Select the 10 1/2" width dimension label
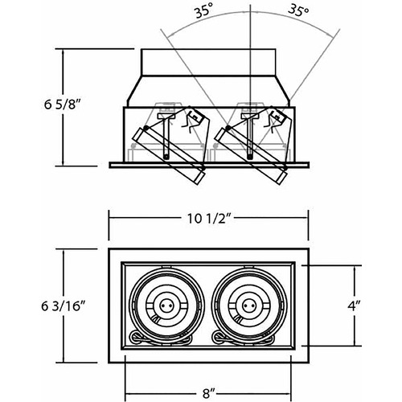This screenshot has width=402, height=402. click(x=209, y=219)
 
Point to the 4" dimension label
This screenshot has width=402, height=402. click(x=354, y=306)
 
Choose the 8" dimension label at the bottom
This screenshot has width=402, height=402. click(x=209, y=393)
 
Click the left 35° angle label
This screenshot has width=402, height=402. click(x=204, y=12)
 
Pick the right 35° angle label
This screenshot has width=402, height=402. click(x=298, y=10)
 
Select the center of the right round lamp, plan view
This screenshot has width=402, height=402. click(x=247, y=306)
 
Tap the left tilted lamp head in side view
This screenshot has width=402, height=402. click(x=169, y=155)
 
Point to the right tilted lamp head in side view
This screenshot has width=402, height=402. click(x=252, y=155)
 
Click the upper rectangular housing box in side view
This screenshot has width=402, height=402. click(x=208, y=62)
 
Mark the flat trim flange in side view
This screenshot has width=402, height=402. click(x=209, y=165)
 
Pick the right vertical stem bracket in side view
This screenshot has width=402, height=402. click(x=249, y=137)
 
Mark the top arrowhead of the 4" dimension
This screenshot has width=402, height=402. click(x=355, y=269)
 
